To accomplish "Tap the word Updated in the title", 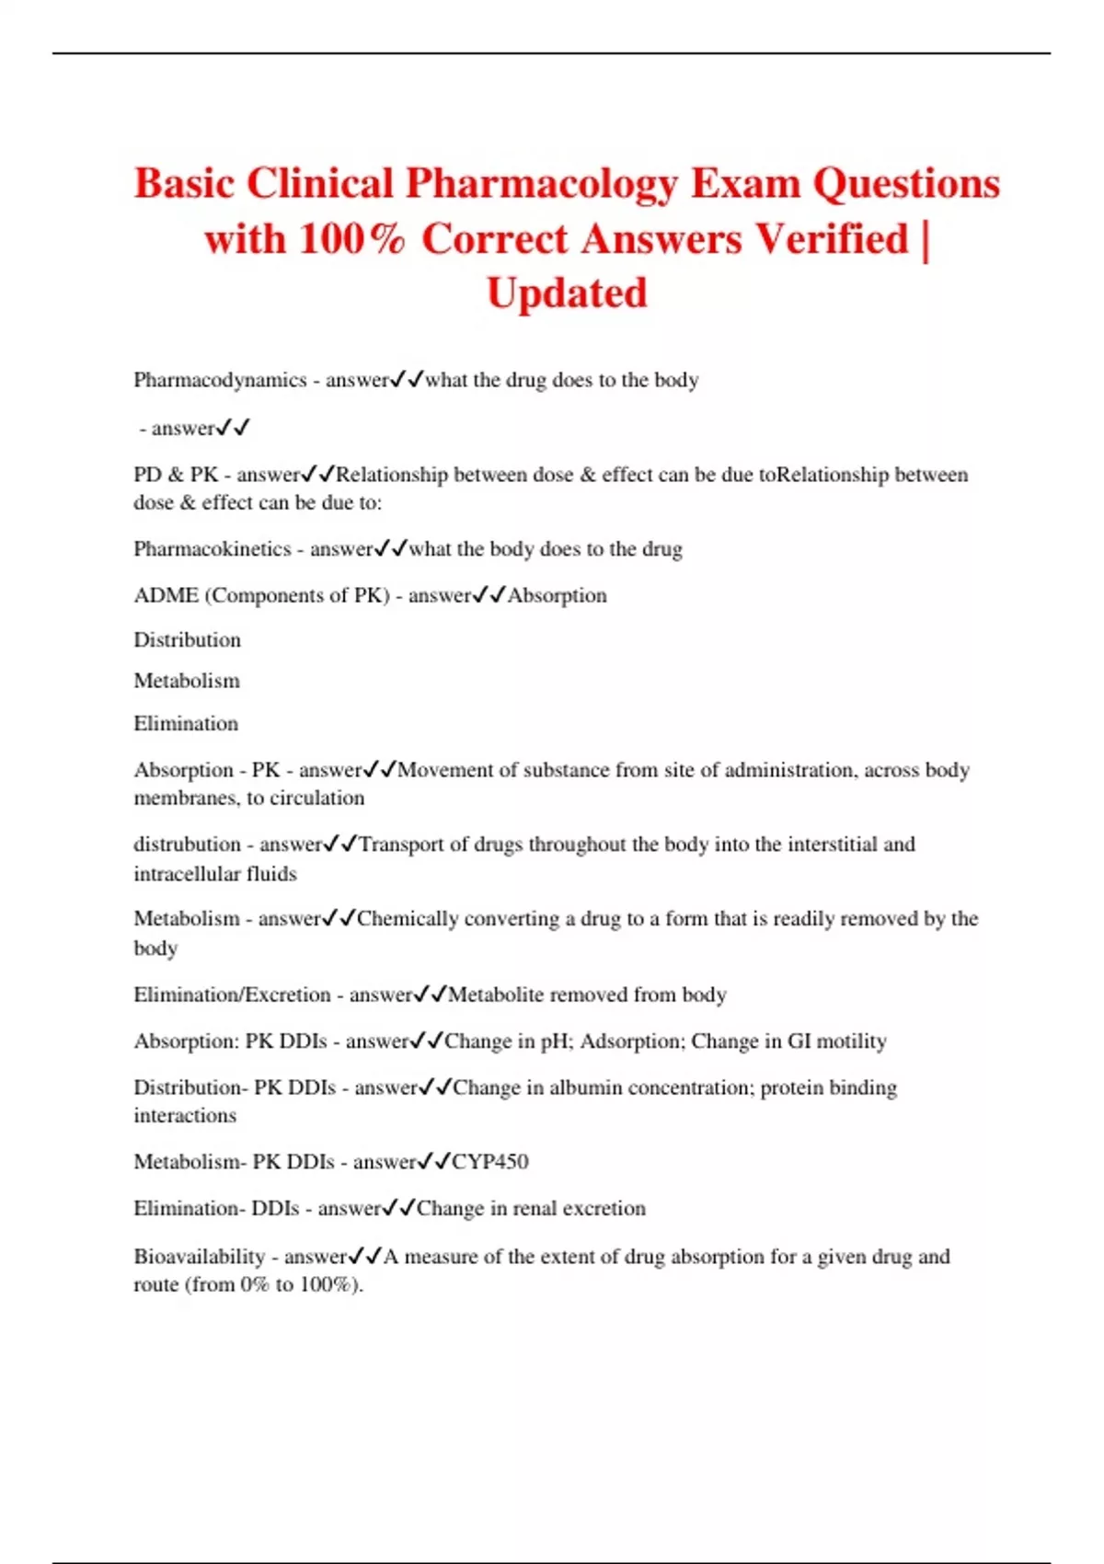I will pos(567,294).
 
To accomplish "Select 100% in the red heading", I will pos(352,239).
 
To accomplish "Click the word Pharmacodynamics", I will pos(220,380).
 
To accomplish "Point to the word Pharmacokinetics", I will pos(212,549).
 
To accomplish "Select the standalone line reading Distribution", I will pos(187,639).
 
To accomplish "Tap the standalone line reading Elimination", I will pos(185,723).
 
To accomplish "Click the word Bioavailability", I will pos(199,1257).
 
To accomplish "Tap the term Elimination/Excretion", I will pos(232,995).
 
